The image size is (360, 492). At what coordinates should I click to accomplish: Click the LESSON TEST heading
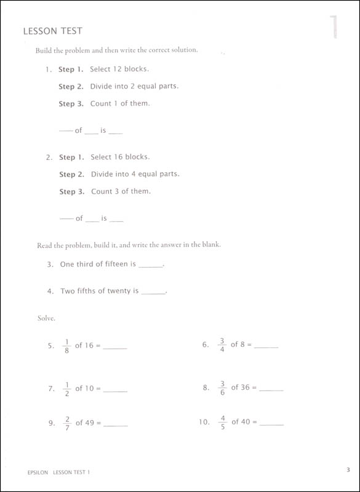coord(52,30)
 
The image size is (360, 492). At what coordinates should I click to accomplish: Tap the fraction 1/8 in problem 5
coord(67,345)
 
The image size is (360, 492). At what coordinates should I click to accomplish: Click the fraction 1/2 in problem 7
coord(67,388)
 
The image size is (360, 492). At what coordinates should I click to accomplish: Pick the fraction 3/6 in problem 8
coord(222,387)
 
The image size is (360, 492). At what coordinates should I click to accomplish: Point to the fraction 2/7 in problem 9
coord(67,423)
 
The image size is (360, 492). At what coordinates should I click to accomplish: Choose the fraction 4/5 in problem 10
coord(222,422)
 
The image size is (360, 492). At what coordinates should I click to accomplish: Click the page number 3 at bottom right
coord(348,470)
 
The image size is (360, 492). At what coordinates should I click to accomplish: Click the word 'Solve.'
coord(46,318)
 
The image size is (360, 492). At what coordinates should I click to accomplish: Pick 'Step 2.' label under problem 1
coord(71,86)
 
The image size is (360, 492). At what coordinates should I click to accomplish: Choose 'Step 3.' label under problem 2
coord(71,191)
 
